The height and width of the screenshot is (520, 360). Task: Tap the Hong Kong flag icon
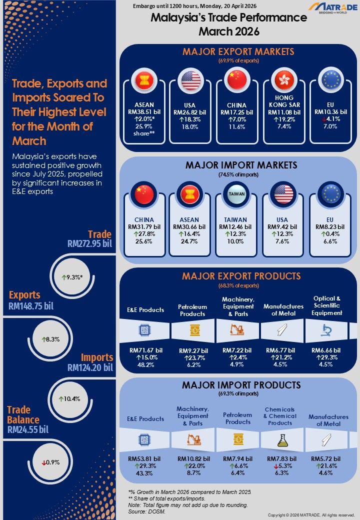pos(284,79)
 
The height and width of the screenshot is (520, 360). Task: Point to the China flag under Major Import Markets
pos(144,194)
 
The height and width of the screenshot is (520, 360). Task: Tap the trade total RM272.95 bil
pos(89,244)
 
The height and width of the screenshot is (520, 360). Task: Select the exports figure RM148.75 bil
pos(31,306)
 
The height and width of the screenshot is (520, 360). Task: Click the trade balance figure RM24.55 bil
pos(30,428)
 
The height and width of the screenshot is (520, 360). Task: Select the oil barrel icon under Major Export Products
pos(192,330)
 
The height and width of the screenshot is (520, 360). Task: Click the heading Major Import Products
pos(241,385)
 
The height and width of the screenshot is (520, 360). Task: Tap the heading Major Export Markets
pos(238,51)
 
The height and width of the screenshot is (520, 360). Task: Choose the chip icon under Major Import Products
pos(145,439)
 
